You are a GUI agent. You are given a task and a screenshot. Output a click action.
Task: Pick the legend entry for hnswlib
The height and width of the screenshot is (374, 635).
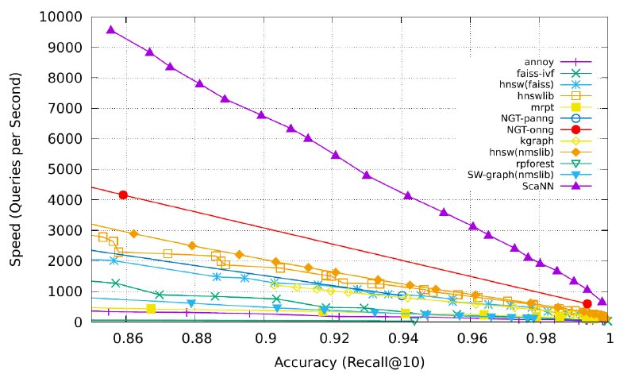point(543,95)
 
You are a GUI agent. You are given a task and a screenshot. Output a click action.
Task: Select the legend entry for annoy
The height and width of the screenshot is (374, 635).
point(544,61)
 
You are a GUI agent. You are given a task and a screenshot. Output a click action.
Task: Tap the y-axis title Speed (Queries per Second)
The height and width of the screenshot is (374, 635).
point(15,169)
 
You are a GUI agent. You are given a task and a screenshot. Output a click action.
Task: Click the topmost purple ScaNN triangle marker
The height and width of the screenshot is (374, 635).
point(111,29)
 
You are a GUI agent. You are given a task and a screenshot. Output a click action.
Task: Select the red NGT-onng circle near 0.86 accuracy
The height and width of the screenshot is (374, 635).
point(123,195)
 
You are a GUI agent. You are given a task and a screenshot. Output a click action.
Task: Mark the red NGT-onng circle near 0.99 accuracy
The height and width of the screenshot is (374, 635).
point(587,303)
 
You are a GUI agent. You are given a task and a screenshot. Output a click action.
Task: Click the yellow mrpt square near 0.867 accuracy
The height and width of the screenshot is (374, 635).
point(151,308)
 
